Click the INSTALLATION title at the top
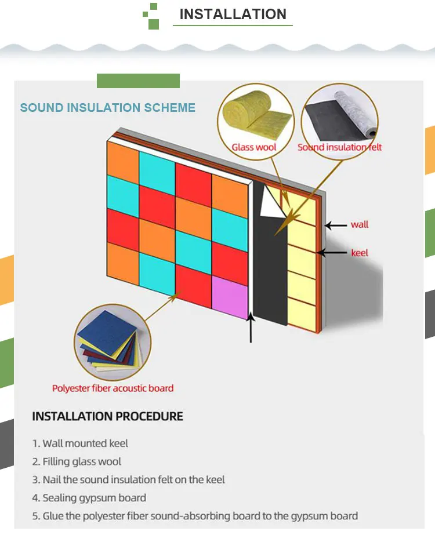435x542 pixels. [233, 14]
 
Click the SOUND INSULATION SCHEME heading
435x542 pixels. [108, 108]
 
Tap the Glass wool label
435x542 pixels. [254, 147]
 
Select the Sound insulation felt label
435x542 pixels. [340, 147]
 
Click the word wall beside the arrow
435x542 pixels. [360, 224]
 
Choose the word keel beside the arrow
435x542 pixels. [360, 253]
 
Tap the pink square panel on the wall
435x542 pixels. [230, 296]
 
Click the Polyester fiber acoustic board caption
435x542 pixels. [113, 388]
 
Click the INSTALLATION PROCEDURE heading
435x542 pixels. [107, 416]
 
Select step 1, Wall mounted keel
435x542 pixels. [80, 443]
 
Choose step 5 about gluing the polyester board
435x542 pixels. [195, 516]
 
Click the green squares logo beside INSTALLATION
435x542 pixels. [151, 16]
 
